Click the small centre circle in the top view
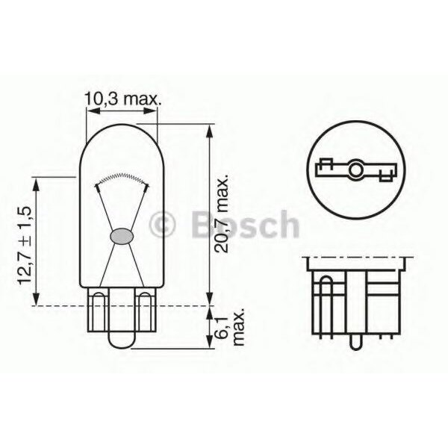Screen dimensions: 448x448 (x=357, y=172)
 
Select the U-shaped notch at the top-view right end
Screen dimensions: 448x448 (x=387, y=177)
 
